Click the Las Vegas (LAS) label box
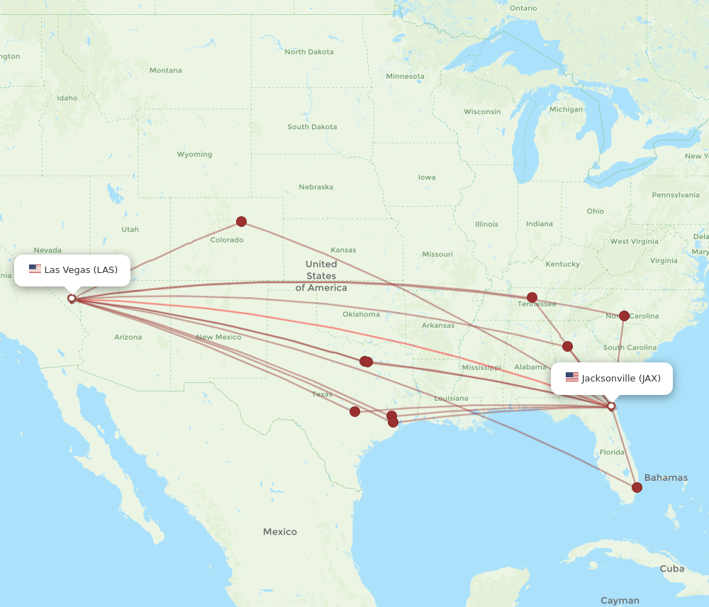point(72,270)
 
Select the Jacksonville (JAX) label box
point(611,379)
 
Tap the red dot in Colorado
point(241,221)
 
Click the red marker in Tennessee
point(532,297)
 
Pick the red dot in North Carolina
point(624,316)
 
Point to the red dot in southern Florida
point(637,487)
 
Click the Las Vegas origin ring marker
point(72,299)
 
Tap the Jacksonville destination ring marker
point(611,406)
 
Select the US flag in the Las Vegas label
point(35,269)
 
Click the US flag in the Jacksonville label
point(571,378)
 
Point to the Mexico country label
point(280,532)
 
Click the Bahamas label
point(666,478)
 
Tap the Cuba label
point(671,569)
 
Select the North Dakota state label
point(308,52)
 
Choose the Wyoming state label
point(194,155)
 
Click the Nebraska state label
point(316,187)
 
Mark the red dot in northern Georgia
point(567,346)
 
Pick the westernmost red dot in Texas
point(354,411)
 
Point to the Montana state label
point(165,70)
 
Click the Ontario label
point(523,9)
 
